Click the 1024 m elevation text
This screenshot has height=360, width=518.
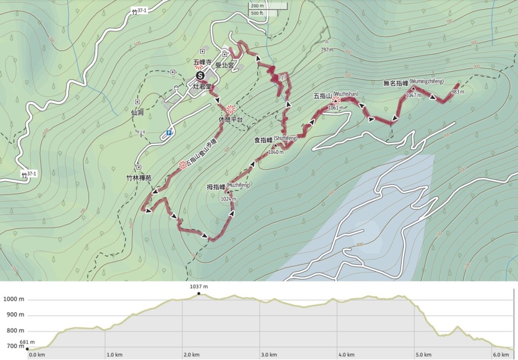click(x=228, y=199)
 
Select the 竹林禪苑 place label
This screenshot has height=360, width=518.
click(x=139, y=178)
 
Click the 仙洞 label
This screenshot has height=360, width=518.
click(x=138, y=112)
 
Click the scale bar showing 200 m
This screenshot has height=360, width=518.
click(x=257, y=6)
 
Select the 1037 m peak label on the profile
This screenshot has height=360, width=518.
click(x=198, y=287)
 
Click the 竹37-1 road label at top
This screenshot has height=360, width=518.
click(x=138, y=11)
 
